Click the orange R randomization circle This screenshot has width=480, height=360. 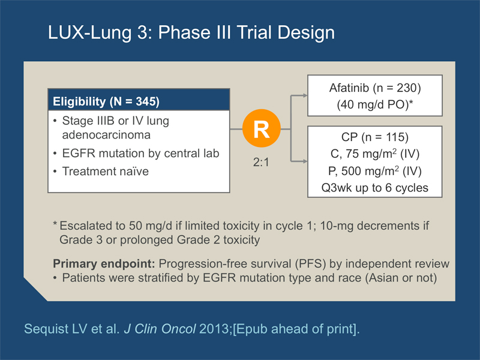click(262, 128)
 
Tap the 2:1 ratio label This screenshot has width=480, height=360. click(261, 162)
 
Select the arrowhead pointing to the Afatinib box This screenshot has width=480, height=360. click(305, 95)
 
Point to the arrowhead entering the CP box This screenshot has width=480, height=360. click(305, 161)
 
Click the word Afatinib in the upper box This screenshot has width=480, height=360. click(349, 88)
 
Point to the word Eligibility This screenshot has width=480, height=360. click(79, 101)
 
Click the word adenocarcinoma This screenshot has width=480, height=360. click(106, 134)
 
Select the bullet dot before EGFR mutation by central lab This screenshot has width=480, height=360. click(55, 153)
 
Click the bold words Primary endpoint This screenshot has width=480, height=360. click(104, 263)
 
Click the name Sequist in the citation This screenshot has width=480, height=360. click(46, 329)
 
